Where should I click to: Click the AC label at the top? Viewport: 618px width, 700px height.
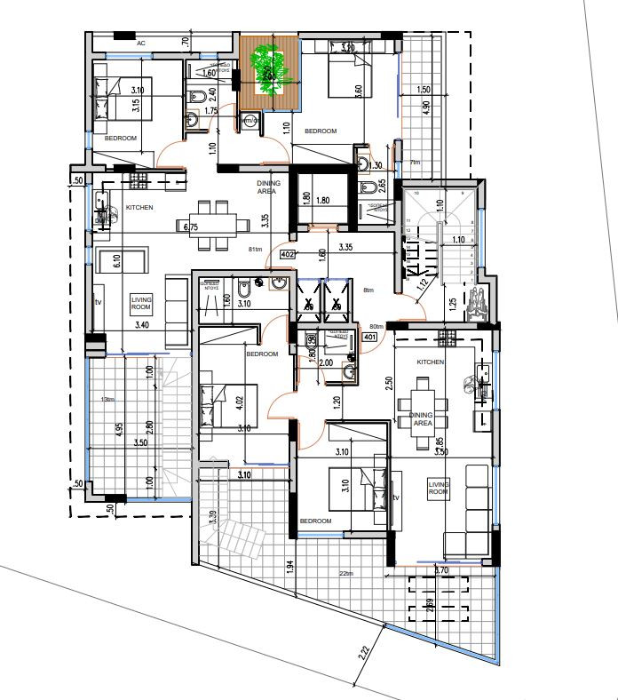pos(141,43)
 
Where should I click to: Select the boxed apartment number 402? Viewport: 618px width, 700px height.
pos(287,254)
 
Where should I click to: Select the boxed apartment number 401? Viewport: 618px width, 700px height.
pos(370,337)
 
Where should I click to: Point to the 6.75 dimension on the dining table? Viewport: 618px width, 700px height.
pos(190,227)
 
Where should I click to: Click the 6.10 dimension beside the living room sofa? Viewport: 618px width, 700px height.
pos(115,261)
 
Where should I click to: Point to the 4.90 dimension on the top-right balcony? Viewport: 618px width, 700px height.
pos(426,107)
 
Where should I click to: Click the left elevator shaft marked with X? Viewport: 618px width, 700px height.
pos(308,304)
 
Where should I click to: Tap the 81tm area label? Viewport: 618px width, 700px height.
pos(256,250)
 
